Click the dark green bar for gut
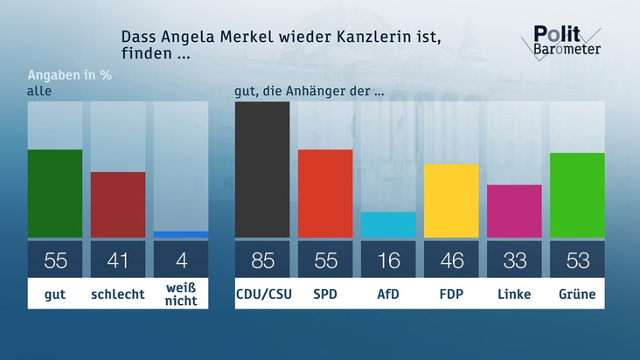coord(55,193)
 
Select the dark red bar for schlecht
coord(118,204)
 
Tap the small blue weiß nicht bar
coord(181,234)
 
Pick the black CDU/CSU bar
coord(262,170)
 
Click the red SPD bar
coord(325,193)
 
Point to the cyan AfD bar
coord(388,225)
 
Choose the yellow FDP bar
coord(451,200)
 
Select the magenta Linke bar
coord(514,211)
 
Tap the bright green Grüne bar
coord(577,195)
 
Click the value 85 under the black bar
coord(262,260)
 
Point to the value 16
coord(388,260)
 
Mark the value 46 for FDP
coord(451,260)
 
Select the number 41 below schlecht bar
coord(118,260)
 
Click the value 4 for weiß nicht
coord(181,260)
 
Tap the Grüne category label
coord(577,294)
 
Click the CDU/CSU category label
coord(262,294)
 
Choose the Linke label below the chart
coord(514,294)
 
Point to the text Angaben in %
coord(70,74)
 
